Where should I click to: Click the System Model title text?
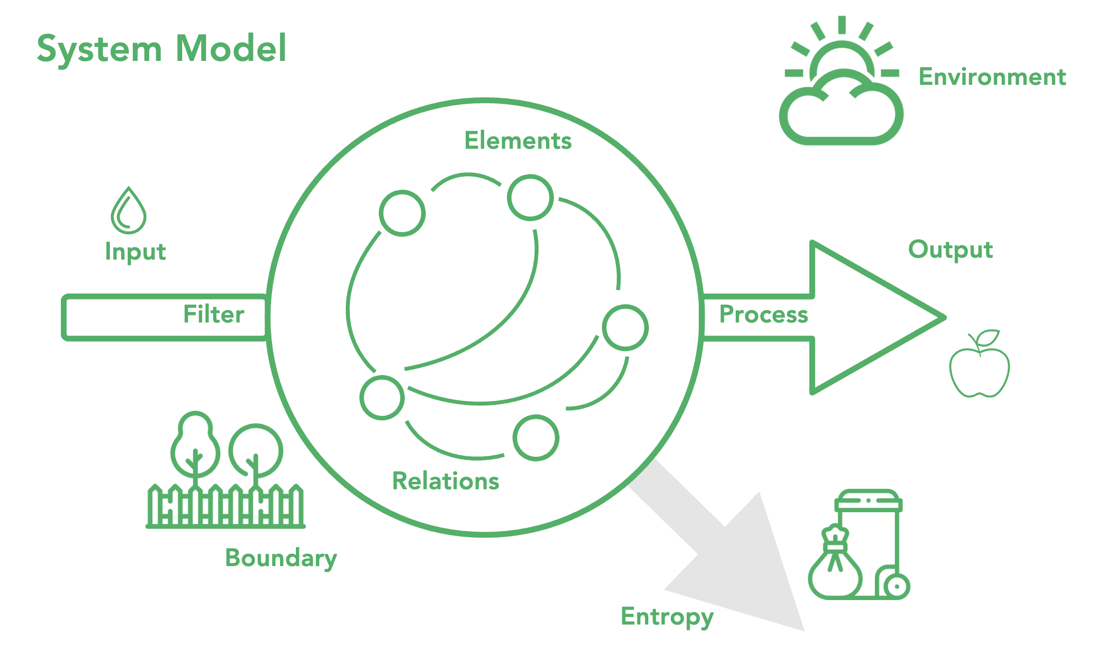[162, 49]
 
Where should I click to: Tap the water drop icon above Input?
[128, 211]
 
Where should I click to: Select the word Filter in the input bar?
[214, 315]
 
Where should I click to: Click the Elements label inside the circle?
[518, 141]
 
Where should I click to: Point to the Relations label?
[445, 481]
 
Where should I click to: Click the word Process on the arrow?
[763, 315]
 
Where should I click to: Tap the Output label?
[950, 250]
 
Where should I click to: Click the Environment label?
[992, 77]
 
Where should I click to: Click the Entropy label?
[667, 617]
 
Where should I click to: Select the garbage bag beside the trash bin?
[835, 567]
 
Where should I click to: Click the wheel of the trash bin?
[896, 586]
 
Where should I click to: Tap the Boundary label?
[280, 558]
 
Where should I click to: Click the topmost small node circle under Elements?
[530, 198]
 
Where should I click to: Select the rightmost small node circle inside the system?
[625, 327]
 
